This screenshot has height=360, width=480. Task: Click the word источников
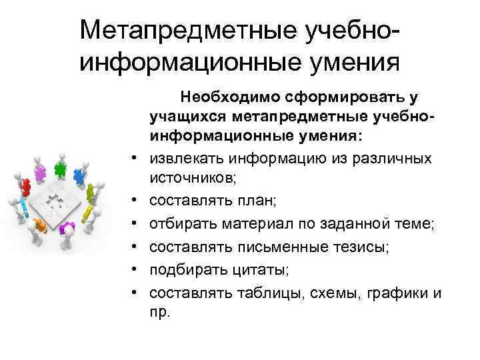pyautogui.click(x=193, y=180)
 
